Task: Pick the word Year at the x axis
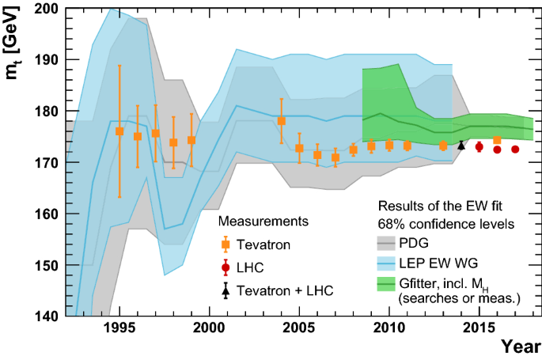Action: [521, 347]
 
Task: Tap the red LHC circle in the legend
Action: [226, 268]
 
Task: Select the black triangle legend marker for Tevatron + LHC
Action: [226, 291]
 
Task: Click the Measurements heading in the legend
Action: [263, 221]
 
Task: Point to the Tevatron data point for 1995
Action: [119, 131]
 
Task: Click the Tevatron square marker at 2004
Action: [281, 120]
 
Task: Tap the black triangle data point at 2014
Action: [461, 145]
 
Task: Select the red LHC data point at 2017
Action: [515, 149]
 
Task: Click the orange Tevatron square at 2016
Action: [497, 140]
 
